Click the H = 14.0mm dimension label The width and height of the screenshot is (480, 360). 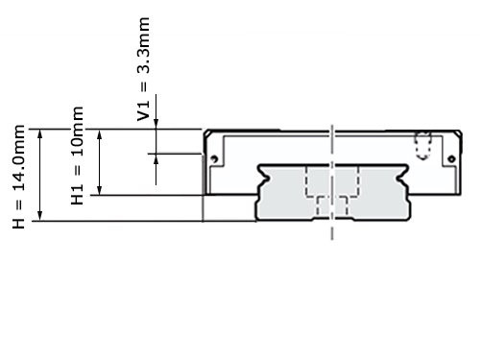(18, 177)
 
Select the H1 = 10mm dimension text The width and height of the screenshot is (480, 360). (77, 156)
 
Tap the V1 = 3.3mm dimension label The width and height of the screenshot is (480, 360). (143, 69)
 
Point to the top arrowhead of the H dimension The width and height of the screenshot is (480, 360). (40, 133)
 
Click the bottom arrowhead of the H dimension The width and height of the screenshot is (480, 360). (40, 216)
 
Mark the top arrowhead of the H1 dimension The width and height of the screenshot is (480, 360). (100, 134)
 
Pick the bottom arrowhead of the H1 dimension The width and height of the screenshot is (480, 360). (100, 190)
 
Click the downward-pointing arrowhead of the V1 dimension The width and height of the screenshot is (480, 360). (156, 125)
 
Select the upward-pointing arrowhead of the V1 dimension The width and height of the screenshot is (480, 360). (156, 158)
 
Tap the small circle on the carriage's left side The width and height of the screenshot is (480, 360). (214, 158)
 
